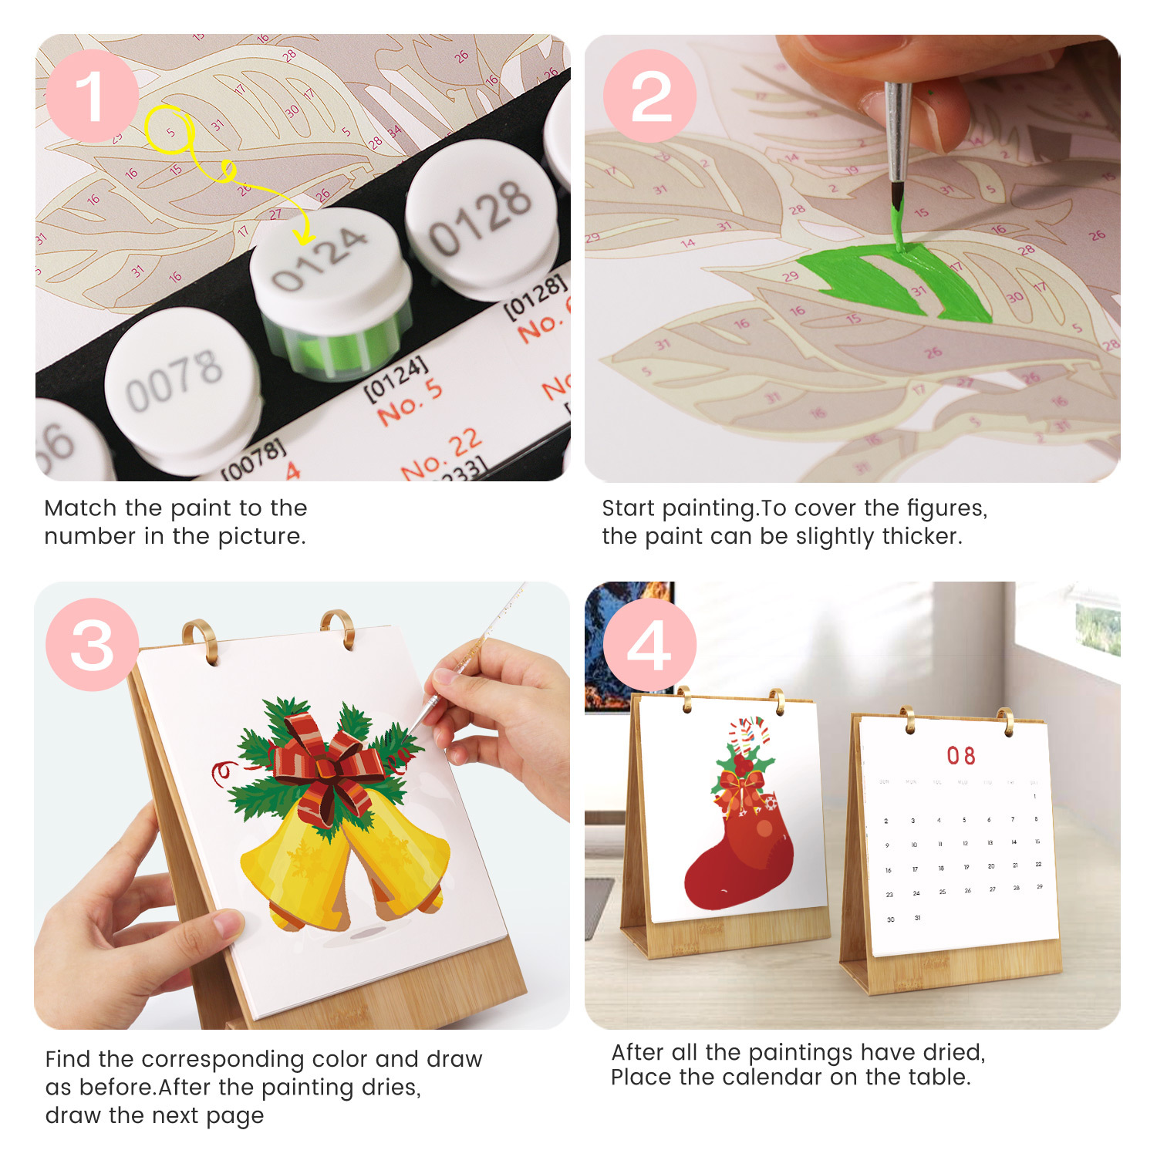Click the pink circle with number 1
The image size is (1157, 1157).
(x=92, y=96)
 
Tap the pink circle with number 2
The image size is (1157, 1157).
(x=650, y=96)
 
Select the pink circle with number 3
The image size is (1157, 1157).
(x=92, y=645)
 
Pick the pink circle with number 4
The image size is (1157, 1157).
(x=650, y=645)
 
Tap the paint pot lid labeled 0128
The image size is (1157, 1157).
(x=481, y=216)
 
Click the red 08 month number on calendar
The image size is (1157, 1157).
(x=961, y=756)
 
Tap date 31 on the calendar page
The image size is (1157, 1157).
(x=917, y=918)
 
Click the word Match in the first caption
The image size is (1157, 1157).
(x=81, y=508)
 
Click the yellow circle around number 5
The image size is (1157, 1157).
(x=169, y=130)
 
